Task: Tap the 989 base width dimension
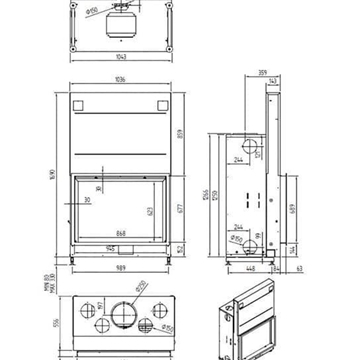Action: [x=120, y=269]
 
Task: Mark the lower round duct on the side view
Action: [x=259, y=243]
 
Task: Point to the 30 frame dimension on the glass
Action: [x=87, y=200]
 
